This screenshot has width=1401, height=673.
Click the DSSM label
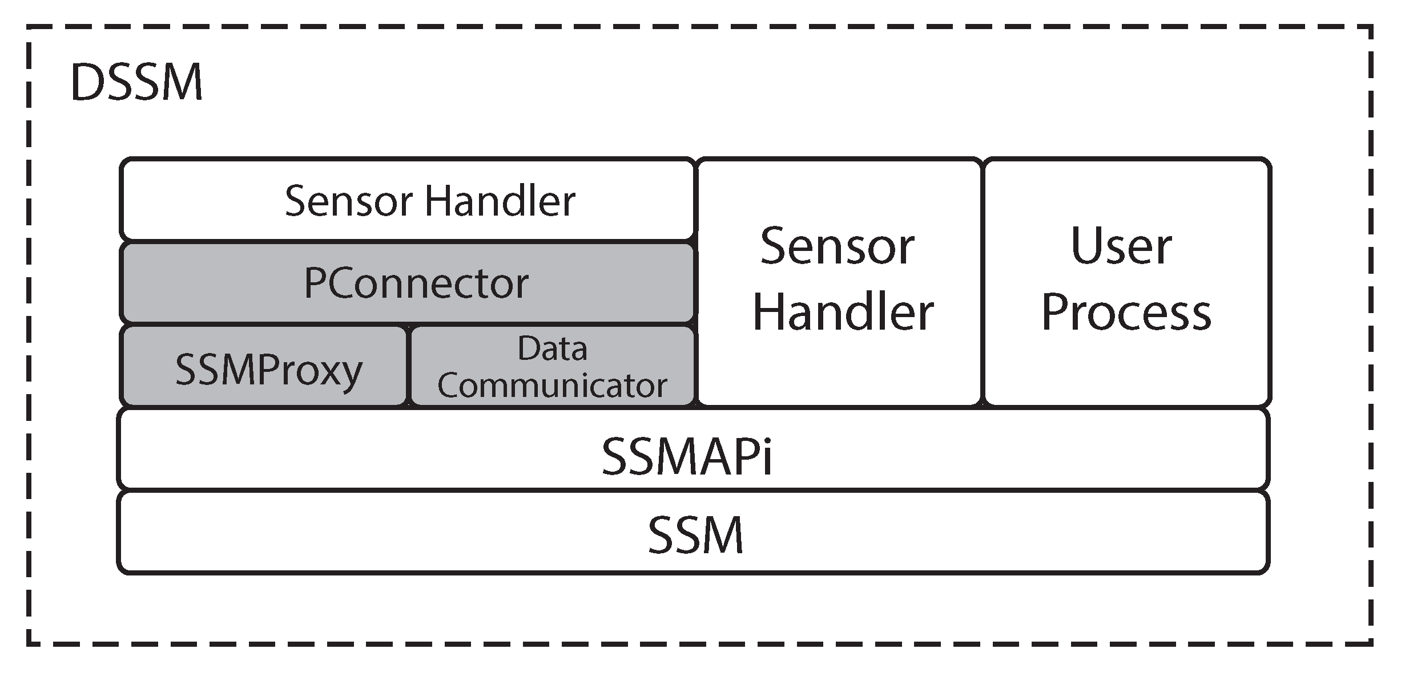pos(136,83)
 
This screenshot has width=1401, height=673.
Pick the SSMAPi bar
pos(693,448)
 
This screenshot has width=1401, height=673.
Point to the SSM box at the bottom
pos(693,533)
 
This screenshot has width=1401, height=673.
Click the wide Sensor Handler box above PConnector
pos(407,200)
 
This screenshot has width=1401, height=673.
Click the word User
pos(1121,247)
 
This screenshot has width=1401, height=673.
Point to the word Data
pos(552,348)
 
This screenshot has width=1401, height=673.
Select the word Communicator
pos(552,386)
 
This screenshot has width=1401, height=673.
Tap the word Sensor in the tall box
pos(838,247)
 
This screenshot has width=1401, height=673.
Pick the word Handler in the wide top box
pos(500,201)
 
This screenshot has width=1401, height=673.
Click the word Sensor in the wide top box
pos(349,201)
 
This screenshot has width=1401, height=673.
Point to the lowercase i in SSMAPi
pos(767,457)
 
